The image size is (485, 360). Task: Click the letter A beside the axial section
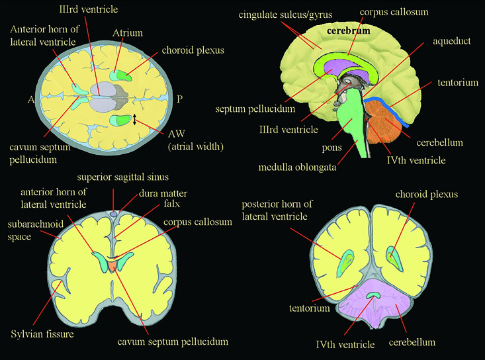pyautogui.click(x=31, y=99)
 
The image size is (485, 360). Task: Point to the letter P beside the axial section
pyautogui.click(x=179, y=99)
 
